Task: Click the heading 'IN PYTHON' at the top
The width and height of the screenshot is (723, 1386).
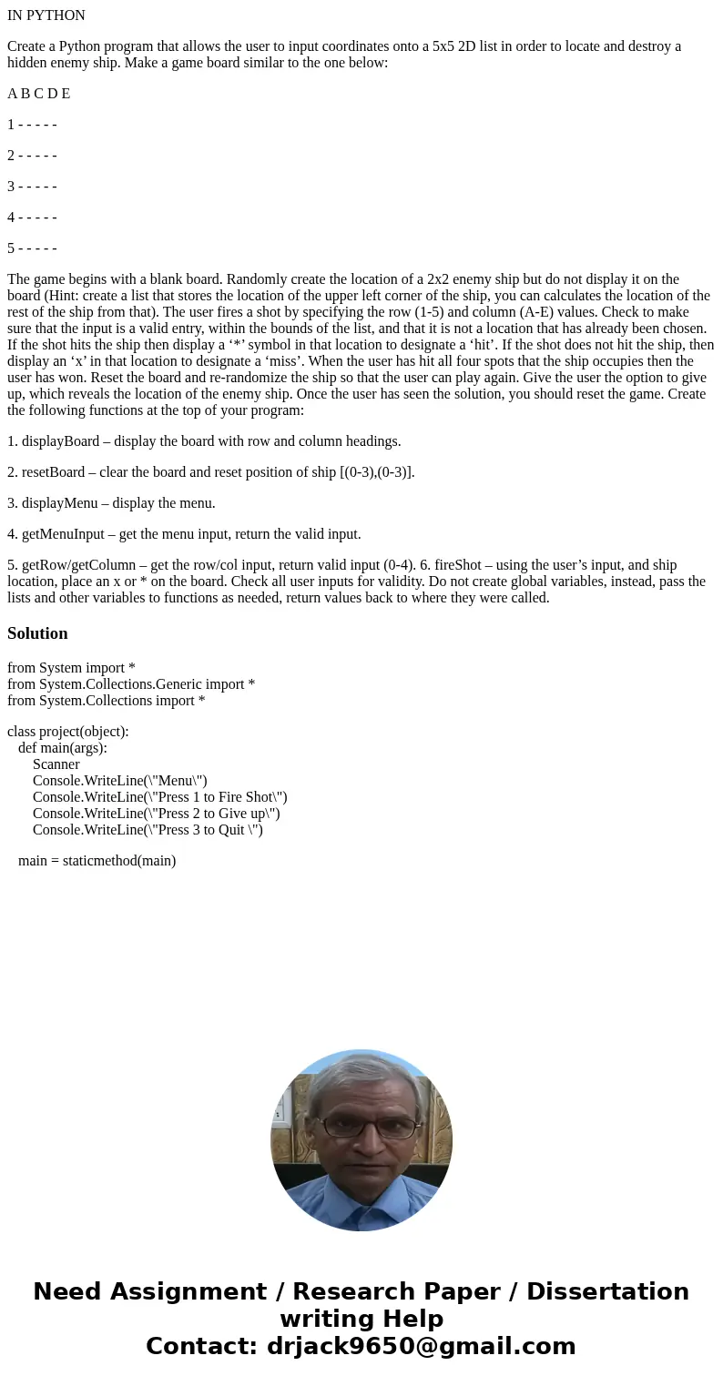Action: (x=46, y=15)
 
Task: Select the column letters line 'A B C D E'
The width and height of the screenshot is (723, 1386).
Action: (x=39, y=94)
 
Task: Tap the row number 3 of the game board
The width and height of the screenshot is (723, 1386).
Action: (x=11, y=187)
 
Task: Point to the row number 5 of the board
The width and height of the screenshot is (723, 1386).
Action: (x=11, y=248)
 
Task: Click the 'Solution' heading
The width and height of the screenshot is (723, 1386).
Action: (x=37, y=633)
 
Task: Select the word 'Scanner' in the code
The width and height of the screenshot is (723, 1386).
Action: (x=56, y=764)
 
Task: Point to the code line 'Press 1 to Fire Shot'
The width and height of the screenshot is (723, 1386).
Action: (x=160, y=797)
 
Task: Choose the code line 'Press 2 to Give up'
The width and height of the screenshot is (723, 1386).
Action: (x=157, y=814)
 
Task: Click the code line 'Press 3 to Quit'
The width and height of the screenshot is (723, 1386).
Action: (x=148, y=830)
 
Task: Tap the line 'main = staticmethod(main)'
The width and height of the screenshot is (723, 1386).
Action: (x=97, y=861)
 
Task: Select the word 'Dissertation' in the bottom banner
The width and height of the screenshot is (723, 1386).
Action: (x=607, y=1291)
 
